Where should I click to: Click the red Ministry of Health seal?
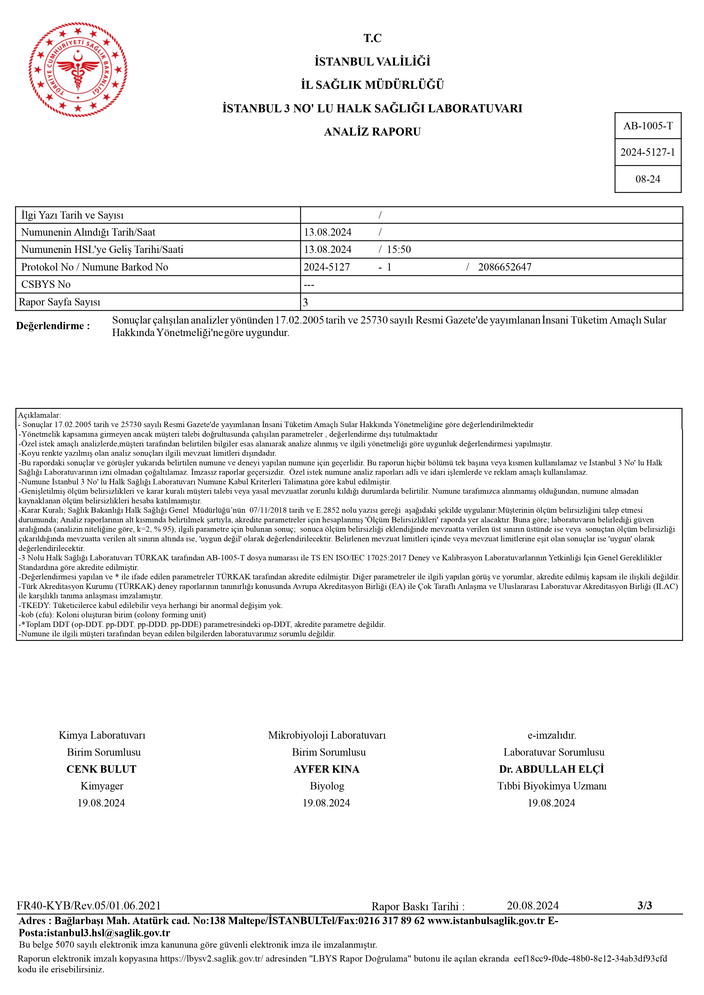point(78,70)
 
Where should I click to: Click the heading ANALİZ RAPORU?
point(372,132)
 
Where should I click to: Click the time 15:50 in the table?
point(399,250)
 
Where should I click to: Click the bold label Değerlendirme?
point(53,326)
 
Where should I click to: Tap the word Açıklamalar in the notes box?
point(39,415)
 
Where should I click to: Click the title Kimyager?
point(102,786)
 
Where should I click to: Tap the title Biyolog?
point(327,786)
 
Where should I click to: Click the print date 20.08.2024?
point(533,905)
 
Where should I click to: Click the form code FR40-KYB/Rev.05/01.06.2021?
point(89,905)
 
